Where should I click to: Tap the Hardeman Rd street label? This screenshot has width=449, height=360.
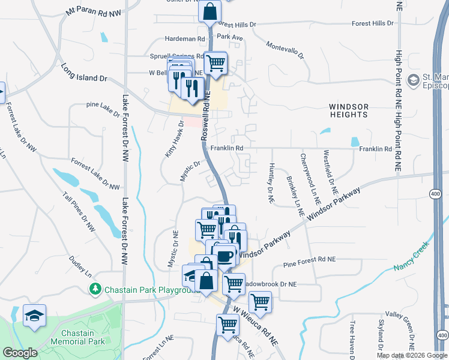[185, 39]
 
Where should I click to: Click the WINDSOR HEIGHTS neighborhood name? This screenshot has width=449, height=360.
[348, 110]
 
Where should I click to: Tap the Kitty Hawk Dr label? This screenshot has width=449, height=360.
[175, 139]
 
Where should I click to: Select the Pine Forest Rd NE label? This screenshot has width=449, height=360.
[309, 260]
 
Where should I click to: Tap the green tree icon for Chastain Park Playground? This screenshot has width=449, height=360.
[95, 290]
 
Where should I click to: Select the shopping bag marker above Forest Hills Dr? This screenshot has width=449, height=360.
[209, 11]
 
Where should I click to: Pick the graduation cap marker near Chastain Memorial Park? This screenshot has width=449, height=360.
[34, 315]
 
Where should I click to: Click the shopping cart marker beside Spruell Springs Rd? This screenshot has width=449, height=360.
[215, 63]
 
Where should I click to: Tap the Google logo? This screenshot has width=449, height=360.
[20, 353]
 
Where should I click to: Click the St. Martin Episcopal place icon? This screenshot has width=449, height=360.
[412, 80]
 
